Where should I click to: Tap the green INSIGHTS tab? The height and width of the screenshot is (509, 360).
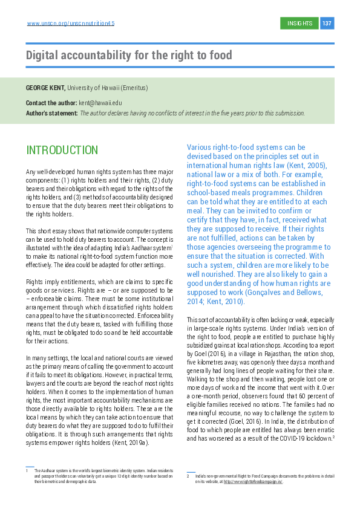click(300, 23)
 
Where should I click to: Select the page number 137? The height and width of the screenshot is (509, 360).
click(327, 23)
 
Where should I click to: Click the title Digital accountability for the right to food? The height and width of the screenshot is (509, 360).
click(129, 56)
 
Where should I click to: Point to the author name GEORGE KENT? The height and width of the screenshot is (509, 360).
click(45, 88)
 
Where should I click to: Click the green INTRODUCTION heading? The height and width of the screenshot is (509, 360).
click(62, 150)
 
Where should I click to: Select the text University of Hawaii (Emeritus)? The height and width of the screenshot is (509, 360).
click(107, 88)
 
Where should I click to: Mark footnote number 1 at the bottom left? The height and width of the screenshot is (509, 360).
click(27, 470)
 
